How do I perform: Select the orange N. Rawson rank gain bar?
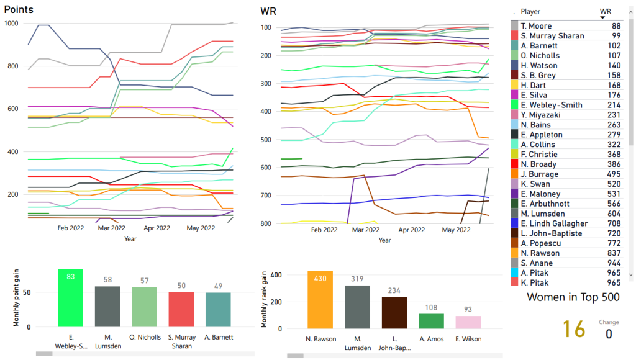pyautogui.click(x=320, y=300)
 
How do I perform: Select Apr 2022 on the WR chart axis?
pyautogui.click(x=412, y=230)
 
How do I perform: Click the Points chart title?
pyautogui.click(x=19, y=10)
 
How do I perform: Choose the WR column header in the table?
pyautogui.click(x=605, y=11)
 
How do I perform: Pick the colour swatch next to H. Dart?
pyautogui.click(x=515, y=85)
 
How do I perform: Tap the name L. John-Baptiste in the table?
pyautogui.click(x=552, y=233)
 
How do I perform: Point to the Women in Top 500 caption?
pyautogui.click(x=573, y=297)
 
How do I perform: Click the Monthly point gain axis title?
pyautogui.click(x=17, y=299)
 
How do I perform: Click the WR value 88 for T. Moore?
pyautogui.click(x=616, y=26)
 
